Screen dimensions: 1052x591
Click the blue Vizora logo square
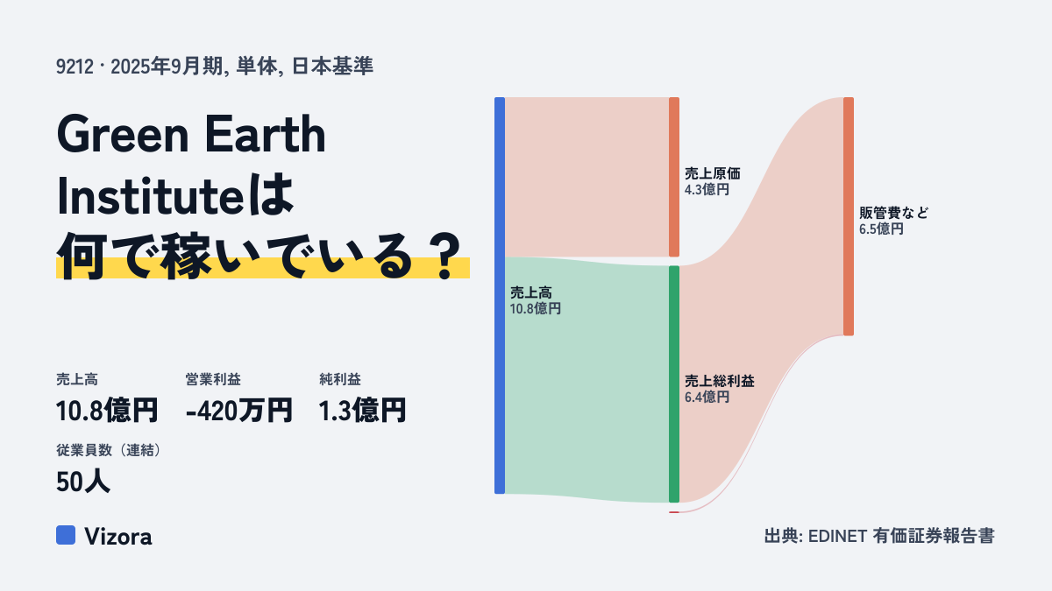click(x=66, y=535)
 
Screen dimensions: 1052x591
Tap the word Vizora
click(x=118, y=536)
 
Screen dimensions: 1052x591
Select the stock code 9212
click(x=75, y=67)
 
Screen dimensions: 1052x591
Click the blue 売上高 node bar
click(x=500, y=296)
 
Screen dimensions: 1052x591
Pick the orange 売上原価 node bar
click(x=674, y=177)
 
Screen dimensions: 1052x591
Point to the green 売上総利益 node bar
click(x=674, y=384)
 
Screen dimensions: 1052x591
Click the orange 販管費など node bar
click(x=849, y=216)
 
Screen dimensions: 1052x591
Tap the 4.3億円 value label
click(x=707, y=190)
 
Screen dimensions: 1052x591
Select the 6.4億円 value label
click(x=707, y=398)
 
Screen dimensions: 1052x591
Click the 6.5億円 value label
click(x=882, y=229)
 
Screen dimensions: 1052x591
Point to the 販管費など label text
click(x=893, y=213)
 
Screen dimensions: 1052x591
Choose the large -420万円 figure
click(x=239, y=411)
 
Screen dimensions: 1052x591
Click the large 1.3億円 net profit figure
click(x=362, y=411)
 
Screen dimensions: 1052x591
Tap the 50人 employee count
click(x=83, y=482)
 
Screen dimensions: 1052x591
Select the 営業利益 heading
click(x=213, y=379)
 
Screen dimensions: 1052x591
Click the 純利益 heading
click(x=340, y=379)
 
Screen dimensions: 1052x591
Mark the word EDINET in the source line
click(x=837, y=536)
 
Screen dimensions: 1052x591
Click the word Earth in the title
click(x=265, y=135)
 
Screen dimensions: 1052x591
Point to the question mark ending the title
click(x=444, y=257)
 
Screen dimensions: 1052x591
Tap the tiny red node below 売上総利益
click(x=674, y=512)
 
